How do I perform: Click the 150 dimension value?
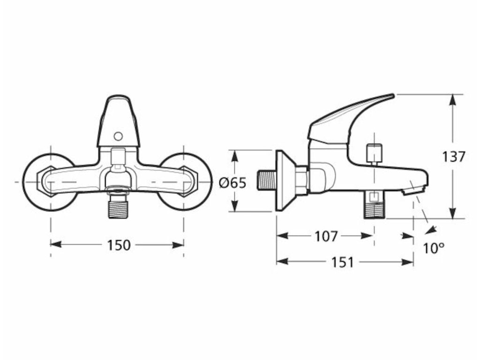119,245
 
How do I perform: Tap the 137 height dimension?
454,157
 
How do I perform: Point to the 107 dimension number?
326,237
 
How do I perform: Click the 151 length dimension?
343,262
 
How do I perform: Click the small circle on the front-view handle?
118,136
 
